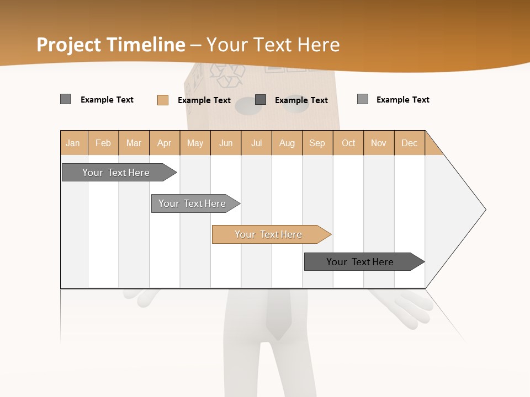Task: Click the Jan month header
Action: click(73, 143)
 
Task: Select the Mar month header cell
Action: click(134, 143)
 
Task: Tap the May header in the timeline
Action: click(195, 143)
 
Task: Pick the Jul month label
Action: click(256, 143)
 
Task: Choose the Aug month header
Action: click(287, 143)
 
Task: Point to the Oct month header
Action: click(348, 143)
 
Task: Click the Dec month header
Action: click(409, 143)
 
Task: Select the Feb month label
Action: click(103, 143)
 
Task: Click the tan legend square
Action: click(163, 100)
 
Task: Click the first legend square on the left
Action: click(66, 99)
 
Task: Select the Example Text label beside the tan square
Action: click(204, 100)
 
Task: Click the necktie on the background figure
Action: click(278, 314)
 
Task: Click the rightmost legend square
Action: click(363, 99)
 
